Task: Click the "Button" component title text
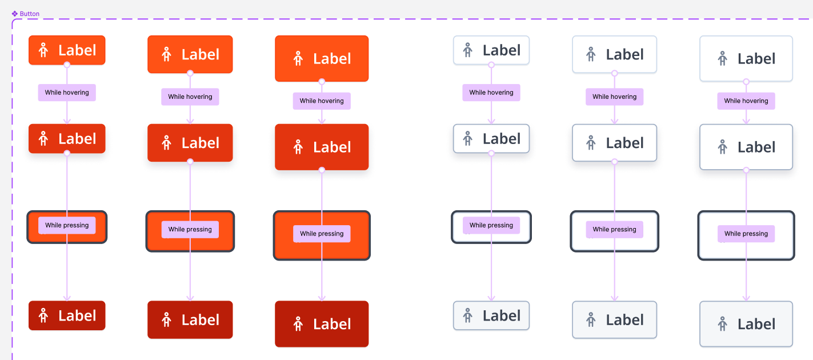click(x=30, y=14)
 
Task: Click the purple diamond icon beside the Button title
click(x=15, y=14)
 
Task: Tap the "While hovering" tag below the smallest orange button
click(x=67, y=93)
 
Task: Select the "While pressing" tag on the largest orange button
click(x=322, y=234)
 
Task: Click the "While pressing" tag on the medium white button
click(x=614, y=230)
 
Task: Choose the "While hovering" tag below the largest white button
click(x=746, y=101)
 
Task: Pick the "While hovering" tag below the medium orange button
click(x=190, y=97)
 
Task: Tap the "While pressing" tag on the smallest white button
click(x=491, y=225)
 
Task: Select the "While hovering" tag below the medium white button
click(x=614, y=97)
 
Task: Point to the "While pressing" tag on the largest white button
click(x=746, y=234)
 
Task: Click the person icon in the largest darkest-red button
click(x=298, y=324)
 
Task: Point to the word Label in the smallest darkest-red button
click(x=77, y=315)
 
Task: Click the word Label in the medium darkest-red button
click(x=201, y=320)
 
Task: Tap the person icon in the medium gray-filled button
click(x=591, y=320)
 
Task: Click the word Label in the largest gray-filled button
click(x=756, y=324)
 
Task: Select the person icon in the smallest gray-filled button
click(x=467, y=315)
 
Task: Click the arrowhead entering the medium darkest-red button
click(x=190, y=298)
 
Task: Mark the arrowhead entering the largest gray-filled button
click(x=746, y=298)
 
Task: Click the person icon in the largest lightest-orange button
click(x=298, y=58)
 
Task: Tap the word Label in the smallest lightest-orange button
click(x=77, y=50)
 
